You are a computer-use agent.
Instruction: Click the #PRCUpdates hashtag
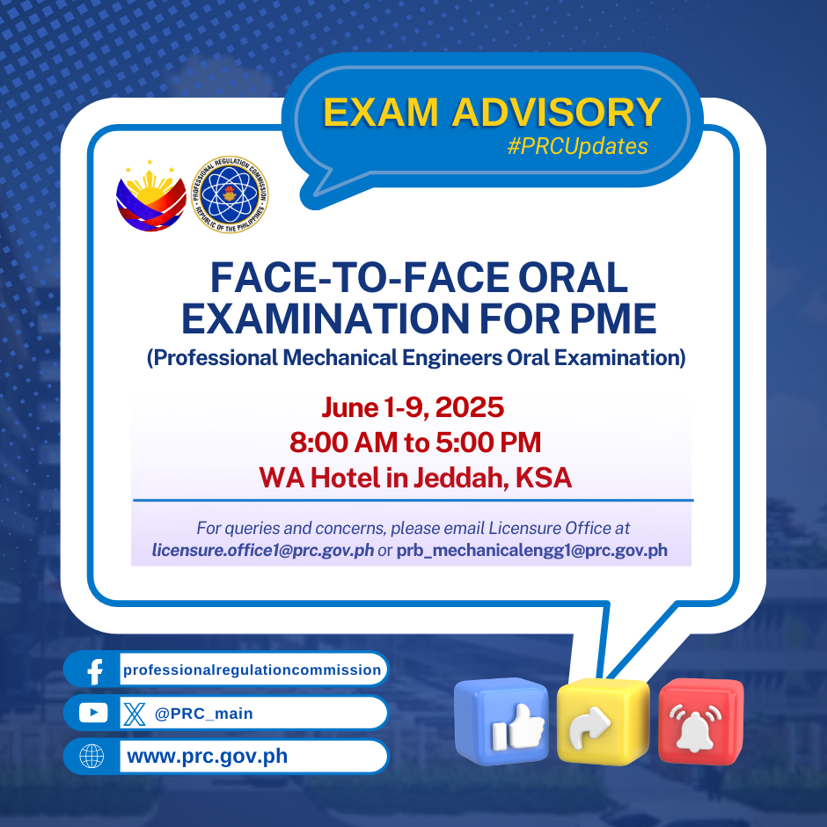[577, 146]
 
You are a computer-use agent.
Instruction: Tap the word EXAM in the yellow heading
[380, 113]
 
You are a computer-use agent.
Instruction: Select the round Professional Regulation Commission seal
[230, 194]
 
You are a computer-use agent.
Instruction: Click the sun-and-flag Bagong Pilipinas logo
[150, 195]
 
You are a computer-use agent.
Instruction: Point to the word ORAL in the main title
[573, 277]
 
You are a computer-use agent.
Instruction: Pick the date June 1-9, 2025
[413, 407]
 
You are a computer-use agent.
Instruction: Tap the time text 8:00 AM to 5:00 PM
[415, 442]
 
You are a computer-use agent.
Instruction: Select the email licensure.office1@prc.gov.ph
[263, 550]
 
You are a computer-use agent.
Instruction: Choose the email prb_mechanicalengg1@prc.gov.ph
[531, 550]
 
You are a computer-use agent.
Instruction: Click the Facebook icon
[94, 670]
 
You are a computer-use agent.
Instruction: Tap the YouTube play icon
[93, 714]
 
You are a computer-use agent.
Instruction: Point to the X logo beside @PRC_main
[134, 714]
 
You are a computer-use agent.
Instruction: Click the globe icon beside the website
[91, 757]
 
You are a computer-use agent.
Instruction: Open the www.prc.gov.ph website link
[208, 757]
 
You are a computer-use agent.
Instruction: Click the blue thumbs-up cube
[501, 721]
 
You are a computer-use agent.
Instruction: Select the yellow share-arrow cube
[603, 721]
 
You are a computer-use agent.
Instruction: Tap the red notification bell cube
[701, 721]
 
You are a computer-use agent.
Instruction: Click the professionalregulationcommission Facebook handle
[252, 670]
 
